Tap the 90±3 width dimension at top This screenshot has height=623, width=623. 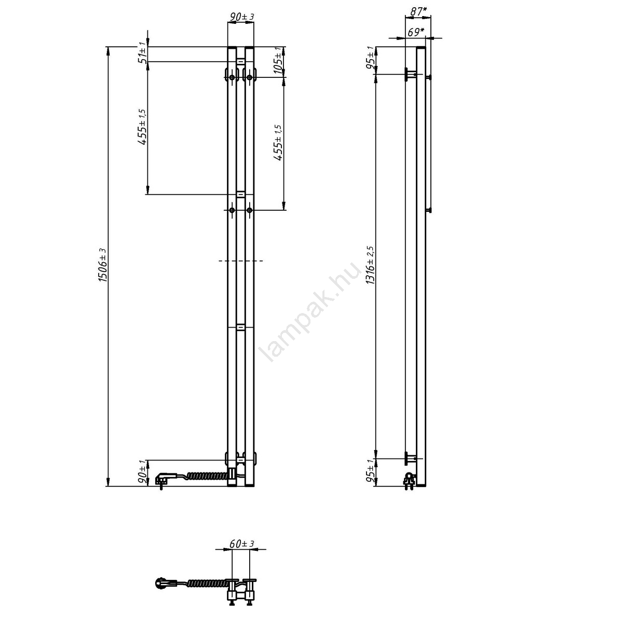(x=241, y=17)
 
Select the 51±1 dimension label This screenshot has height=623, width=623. (x=143, y=55)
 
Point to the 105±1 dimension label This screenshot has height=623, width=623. (x=278, y=60)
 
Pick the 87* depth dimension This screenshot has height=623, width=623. (x=418, y=11)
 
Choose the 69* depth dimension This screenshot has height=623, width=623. (x=416, y=32)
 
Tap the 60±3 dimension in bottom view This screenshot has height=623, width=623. (x=242, y=544)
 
